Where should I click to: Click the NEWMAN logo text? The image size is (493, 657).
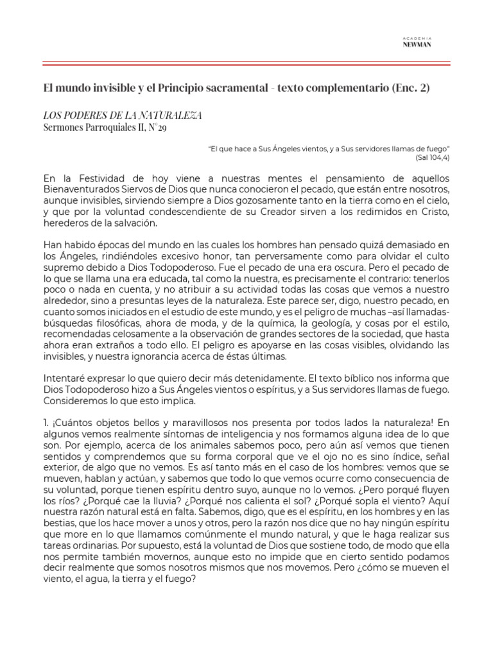click(417, 46)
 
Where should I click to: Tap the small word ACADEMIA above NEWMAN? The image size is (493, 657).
click(417, 38)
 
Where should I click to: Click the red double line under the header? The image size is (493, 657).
click(246, 64)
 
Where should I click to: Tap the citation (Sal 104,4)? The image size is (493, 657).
click(432, 155)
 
